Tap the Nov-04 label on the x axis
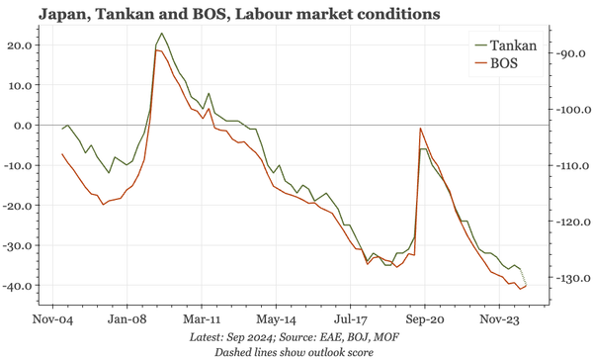[53, 320]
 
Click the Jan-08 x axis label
[128, 320]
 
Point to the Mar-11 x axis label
[202, 320]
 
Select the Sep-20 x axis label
[423, 320]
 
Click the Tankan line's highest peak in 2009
[162, 34]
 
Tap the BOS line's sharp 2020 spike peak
[421, 129]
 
